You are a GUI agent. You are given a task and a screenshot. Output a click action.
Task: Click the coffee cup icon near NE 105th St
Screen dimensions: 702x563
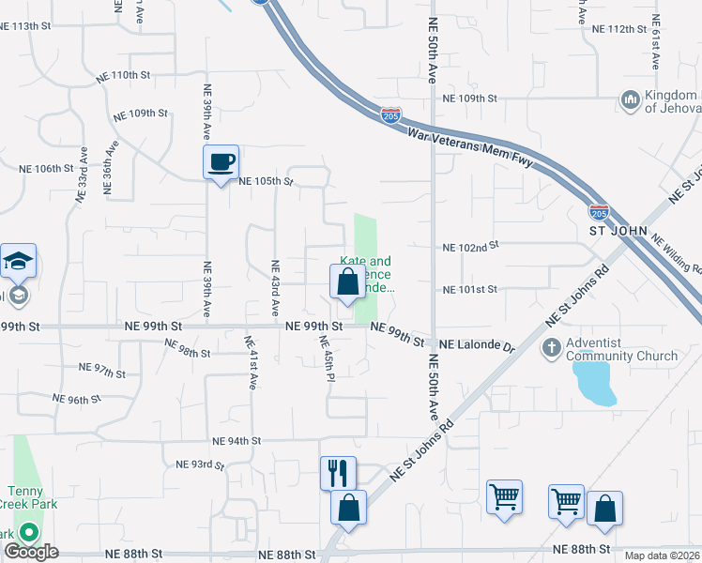point(221,162)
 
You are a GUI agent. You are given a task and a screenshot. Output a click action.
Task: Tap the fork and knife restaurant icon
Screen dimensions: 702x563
point(338,472)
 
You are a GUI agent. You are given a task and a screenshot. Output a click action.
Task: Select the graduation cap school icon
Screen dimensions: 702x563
point(18,261)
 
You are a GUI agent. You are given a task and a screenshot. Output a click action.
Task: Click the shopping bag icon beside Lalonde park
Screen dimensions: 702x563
point(347,281)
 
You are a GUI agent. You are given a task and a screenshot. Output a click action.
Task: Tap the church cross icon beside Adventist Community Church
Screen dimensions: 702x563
point(552,348)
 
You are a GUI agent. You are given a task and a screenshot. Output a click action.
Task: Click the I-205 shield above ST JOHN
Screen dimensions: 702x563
point(598,212)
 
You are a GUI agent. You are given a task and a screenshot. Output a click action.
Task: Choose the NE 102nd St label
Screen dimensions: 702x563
point(469,247)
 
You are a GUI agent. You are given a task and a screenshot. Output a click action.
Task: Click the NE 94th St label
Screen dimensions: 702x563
point(237,440)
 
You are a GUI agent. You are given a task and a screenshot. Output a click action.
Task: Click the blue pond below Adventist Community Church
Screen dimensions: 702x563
point(594,381)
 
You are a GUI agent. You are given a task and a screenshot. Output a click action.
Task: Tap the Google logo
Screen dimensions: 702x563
point(30,552)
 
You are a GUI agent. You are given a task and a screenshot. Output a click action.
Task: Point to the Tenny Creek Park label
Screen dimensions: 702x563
point(33,497)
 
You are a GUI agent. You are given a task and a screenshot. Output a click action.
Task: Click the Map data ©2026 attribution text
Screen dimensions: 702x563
point(663,555)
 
